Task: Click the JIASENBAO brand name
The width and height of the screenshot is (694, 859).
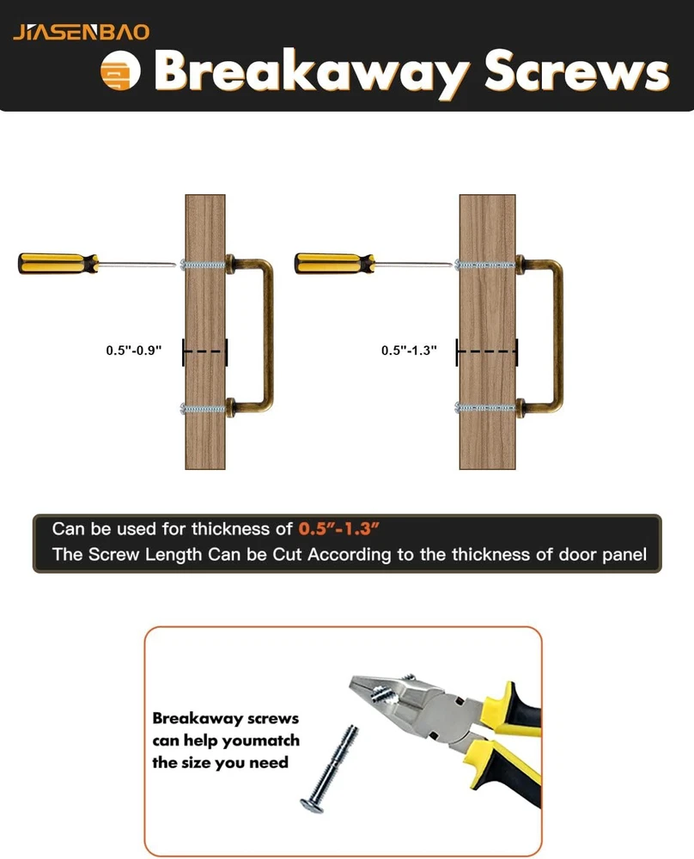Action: [81, 33]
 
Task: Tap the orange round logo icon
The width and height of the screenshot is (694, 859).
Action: [120, 71]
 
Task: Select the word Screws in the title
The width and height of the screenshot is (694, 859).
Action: [577, 71]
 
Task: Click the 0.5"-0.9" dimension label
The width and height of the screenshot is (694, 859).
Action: [134, 350]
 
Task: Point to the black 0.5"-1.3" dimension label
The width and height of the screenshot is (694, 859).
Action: [409, 350]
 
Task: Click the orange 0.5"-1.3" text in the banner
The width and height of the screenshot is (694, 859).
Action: [339, 528]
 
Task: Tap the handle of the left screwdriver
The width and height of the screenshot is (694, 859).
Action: [58, 263]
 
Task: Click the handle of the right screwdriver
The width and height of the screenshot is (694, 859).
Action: [334, 263]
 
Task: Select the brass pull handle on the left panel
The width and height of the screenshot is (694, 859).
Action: [268, 334]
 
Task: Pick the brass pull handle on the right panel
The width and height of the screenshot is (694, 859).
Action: [557, 334]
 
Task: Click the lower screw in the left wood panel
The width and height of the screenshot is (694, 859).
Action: [203, 408]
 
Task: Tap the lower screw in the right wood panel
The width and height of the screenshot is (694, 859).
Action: [485, 407]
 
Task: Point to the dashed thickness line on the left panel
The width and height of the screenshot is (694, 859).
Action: [204, 351]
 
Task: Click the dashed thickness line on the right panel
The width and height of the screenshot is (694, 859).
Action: [486, 351]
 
